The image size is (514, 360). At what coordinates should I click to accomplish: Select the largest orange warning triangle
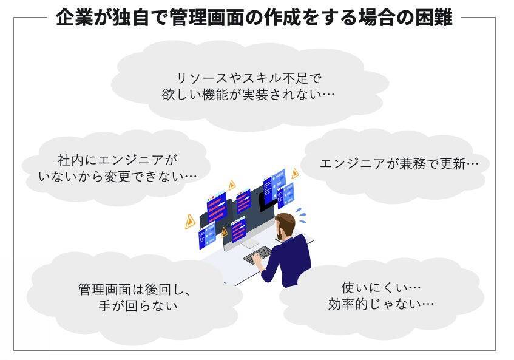[190, 222]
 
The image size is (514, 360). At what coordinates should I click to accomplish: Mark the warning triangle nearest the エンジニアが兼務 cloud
[295, 174]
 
